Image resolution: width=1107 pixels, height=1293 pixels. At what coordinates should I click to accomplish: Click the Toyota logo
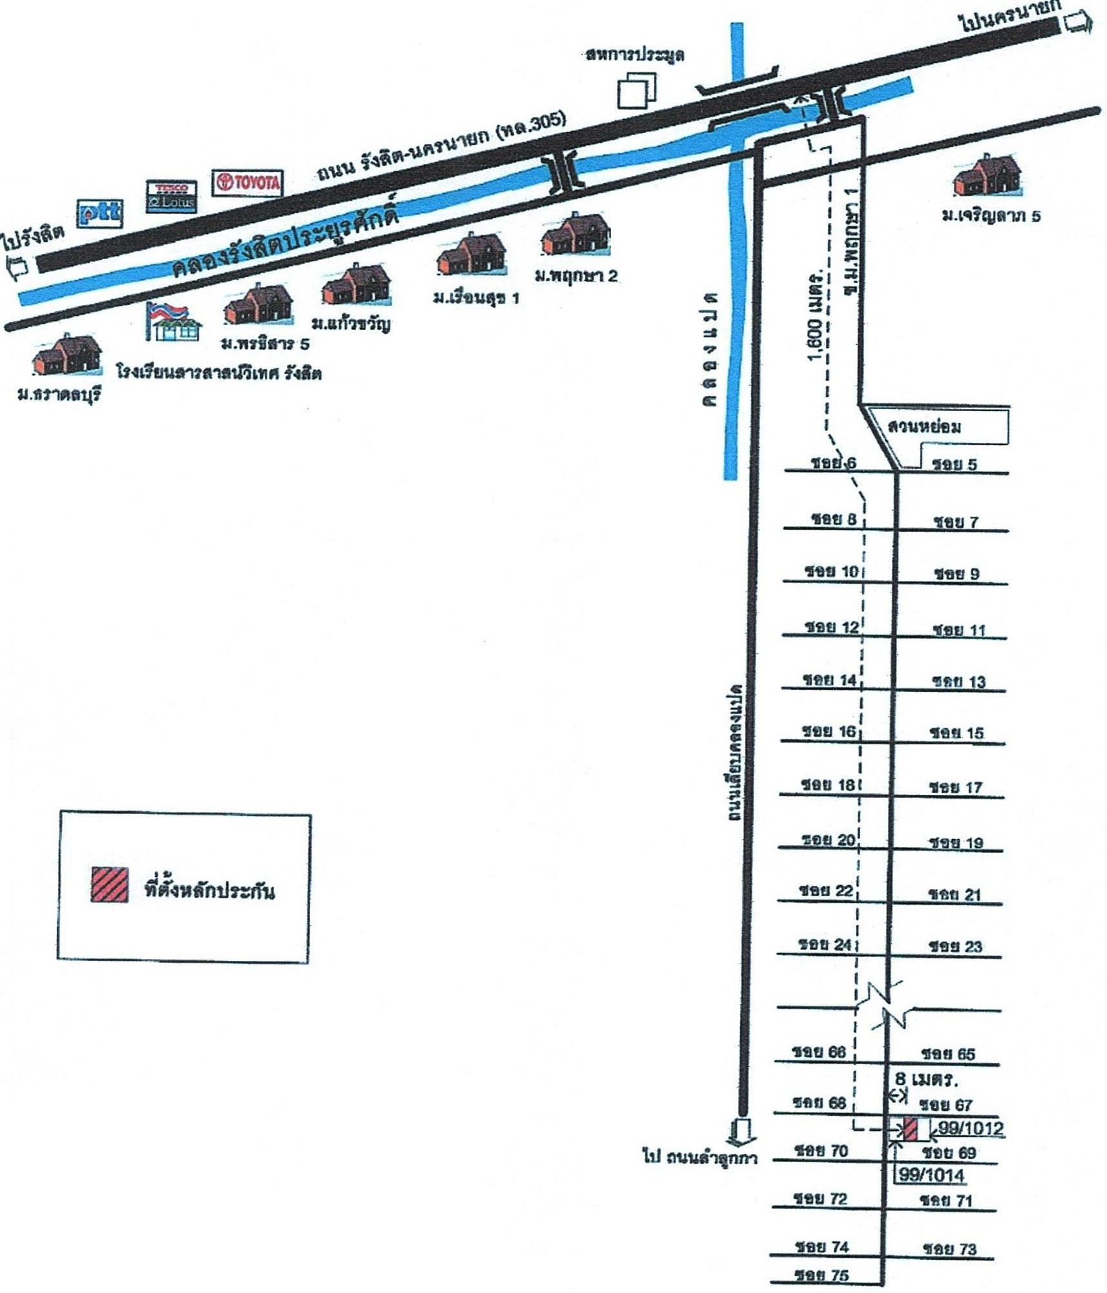coord(248,182)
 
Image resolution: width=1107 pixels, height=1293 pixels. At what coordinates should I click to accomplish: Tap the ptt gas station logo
coord(100,213)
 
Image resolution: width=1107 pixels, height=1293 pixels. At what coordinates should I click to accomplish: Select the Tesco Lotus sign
coord(171,196)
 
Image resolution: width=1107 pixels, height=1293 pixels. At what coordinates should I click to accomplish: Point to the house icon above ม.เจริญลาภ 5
coord(987,176)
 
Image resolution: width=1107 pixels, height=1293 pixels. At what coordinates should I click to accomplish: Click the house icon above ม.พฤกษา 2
coord(575,235)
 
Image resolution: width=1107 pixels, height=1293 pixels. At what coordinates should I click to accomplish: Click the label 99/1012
coord(971,1128)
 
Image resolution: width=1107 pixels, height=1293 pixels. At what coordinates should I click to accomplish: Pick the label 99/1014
coord(931,1174)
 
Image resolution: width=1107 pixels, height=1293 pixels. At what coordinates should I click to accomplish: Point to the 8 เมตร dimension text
coord(926,1078)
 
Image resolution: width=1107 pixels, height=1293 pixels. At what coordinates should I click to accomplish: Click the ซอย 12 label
coord(832,627)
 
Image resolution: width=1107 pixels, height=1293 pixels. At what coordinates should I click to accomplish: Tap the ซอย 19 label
coord(956,843)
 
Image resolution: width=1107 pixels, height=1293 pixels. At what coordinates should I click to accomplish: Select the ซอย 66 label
coord(819,1052)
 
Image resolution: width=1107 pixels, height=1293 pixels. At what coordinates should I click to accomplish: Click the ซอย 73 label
coord(949,1249)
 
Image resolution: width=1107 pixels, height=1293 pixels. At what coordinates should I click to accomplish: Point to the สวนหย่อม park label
coord(924,426)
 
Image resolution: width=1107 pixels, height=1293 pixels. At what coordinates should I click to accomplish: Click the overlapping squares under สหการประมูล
coord(637,90)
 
